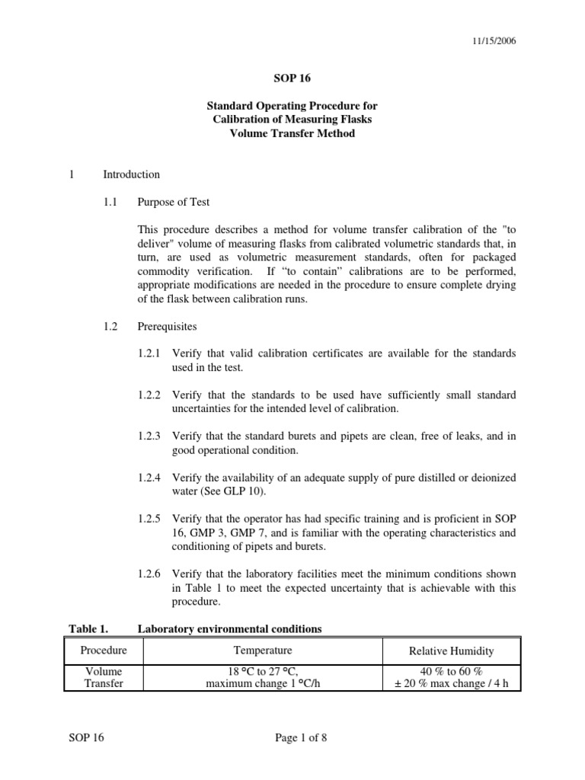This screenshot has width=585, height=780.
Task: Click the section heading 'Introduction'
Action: tap(131, 174)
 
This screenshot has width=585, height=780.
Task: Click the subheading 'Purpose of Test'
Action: tap(173, 202)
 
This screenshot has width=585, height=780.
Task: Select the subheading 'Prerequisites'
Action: tap(167, 326)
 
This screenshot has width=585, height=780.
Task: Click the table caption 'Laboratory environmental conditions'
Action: tap(229, 628)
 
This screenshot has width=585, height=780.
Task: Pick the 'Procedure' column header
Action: tap(104, 651)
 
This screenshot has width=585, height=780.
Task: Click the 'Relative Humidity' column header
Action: tap(451, 651)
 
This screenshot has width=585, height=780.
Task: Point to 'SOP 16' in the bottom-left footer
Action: tap(85, 737)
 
